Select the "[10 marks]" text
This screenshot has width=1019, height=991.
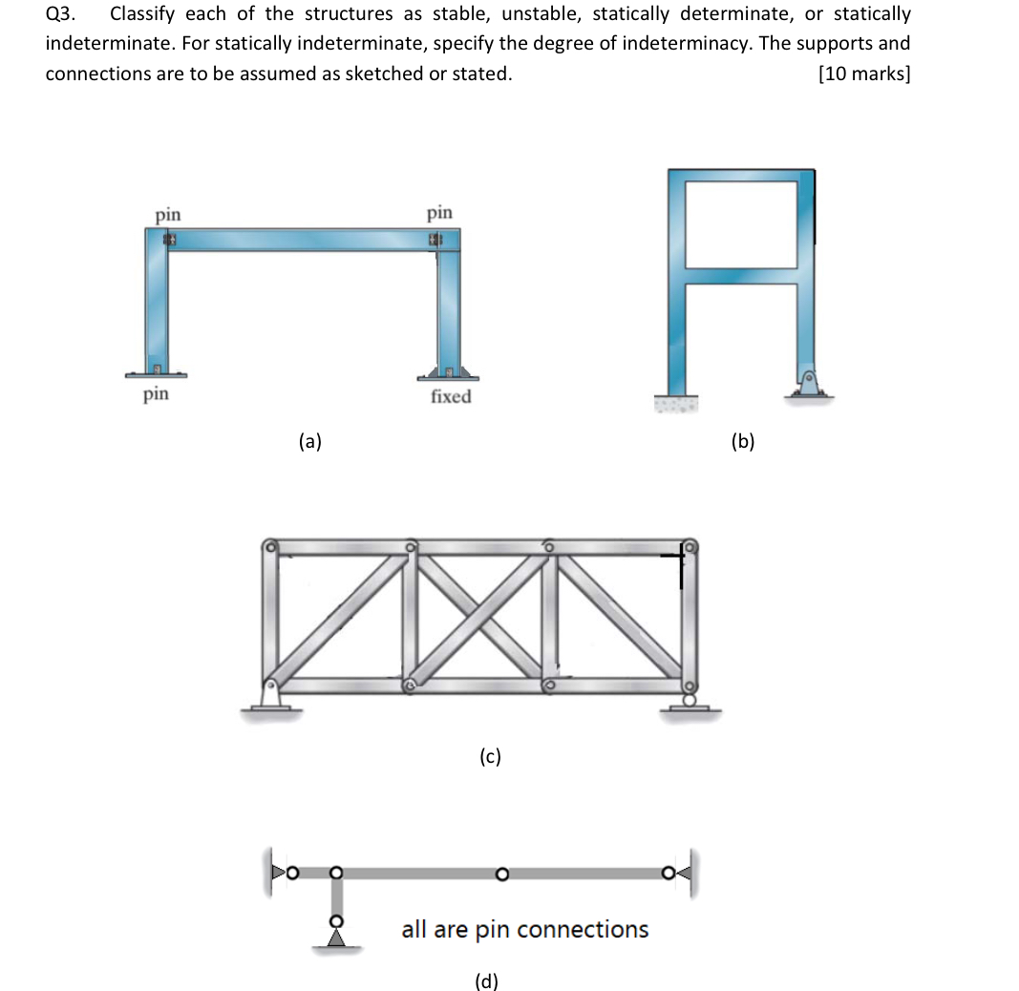click(x=863, y=74)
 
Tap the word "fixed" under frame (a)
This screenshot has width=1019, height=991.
click(x=450, y=396)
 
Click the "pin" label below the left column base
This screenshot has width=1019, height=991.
click(x=156, y=393)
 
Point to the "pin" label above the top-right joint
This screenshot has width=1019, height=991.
click(x=439, y=211)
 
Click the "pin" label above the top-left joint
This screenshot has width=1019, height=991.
click(x=168, y=214)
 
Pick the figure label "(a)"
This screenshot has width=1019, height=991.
click(x=309, y=440)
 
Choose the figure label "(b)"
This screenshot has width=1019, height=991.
click(x=742, y=440)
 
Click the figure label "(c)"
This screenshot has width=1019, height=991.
click(x=489, y=757)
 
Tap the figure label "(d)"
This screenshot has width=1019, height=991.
click(x=487, y=980)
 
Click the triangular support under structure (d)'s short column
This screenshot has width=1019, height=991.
click(x=335, y=939)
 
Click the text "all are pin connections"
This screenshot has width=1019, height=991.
click(x=524, y=929)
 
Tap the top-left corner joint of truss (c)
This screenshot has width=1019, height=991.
click(x=272, y=548)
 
